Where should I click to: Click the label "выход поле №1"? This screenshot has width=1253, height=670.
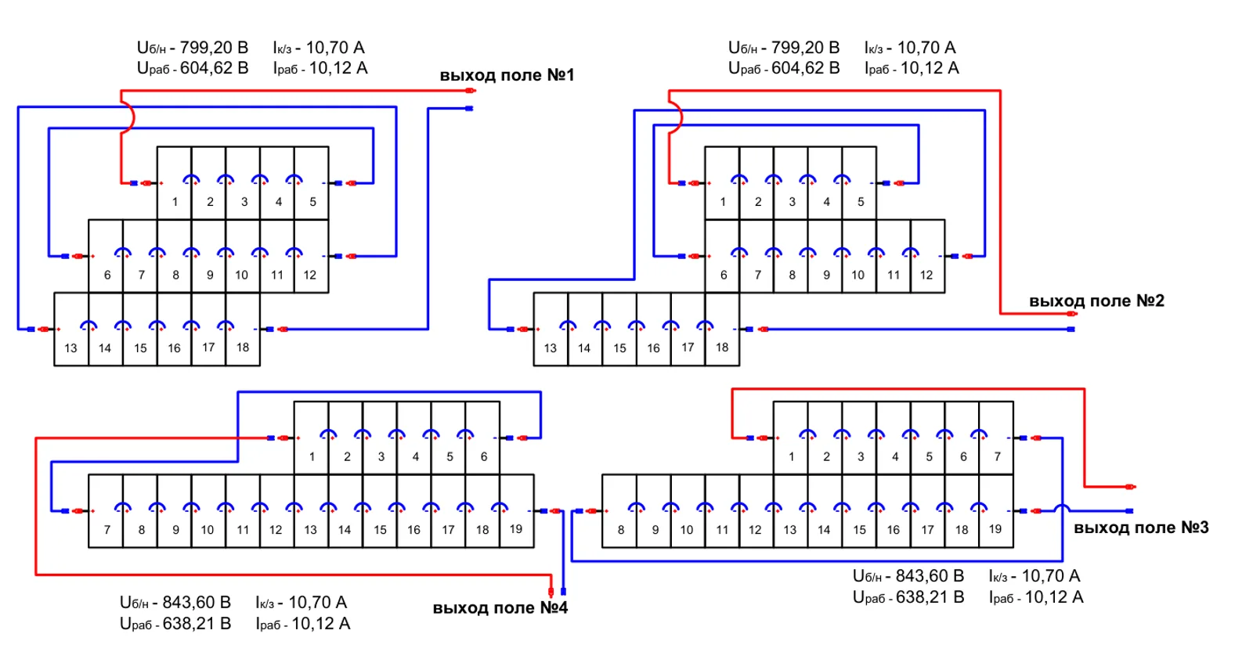(507, 75)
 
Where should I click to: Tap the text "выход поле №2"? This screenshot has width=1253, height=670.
(1096, 301)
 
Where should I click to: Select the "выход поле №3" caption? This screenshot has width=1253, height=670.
(1141, 528)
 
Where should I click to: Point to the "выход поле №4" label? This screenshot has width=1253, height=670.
(500, 607)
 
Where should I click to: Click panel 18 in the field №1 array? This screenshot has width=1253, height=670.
(243, 330)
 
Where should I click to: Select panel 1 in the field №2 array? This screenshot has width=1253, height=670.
(722, 183)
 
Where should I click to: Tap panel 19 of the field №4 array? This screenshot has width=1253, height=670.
(517, 511)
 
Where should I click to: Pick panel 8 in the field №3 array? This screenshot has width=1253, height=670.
(619, 511)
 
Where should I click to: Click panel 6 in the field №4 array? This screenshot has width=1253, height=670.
(482, 438)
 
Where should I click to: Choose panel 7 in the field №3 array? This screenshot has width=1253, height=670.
(996, 438)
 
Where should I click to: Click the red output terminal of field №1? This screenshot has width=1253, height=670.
(471, 91)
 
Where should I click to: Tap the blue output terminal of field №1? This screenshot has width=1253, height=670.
(469, 109)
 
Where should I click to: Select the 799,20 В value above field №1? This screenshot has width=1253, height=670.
(214, 48)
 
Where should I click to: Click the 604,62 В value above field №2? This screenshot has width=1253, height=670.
(806, 68)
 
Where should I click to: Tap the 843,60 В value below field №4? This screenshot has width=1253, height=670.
(197, 603)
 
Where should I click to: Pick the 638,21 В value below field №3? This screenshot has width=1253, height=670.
(930, 597)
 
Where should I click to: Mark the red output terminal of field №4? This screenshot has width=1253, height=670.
(551, 592)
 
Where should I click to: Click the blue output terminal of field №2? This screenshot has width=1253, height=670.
(1071, 330)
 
